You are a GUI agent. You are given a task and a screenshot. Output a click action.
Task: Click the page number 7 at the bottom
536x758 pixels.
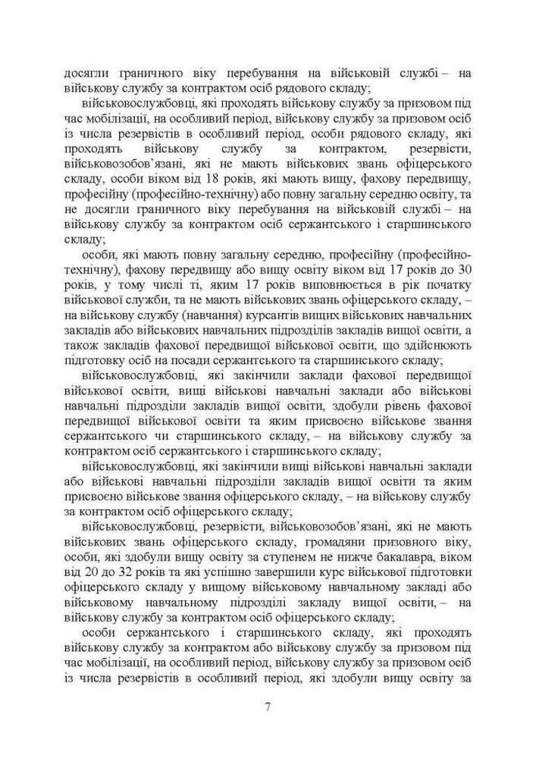pyautogui.click(x=268, y=707)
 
